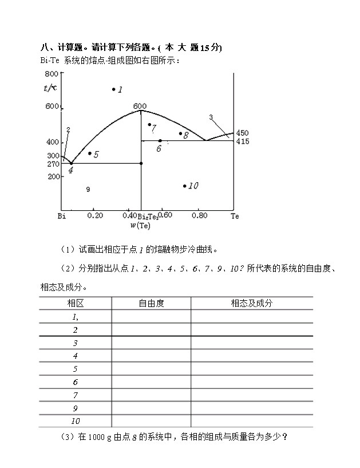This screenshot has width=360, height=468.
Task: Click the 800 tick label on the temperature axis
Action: tap(51, 74)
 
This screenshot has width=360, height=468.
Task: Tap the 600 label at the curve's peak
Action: tap(140, 106)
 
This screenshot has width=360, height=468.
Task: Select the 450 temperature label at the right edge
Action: tap(242, 133)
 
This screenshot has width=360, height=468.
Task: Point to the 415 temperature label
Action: tap(242, 141)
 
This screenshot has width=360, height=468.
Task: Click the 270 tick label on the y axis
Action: tap(53, 164)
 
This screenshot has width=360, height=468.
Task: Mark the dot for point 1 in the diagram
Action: tap(113, 89)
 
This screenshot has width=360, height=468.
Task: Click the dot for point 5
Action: tap(90, 154)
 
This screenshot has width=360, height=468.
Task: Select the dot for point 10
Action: tap(184, 186)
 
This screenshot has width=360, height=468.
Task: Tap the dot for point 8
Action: tap(180, 134)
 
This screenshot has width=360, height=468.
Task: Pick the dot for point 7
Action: tap(149, 124)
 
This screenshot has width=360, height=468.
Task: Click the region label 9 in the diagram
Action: tap(88, 190)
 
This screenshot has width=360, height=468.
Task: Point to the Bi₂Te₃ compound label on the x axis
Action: tap(148, 216)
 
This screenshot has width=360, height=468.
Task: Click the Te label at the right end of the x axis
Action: tap(235, 216)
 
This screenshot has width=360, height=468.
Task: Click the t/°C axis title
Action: tap(50, 87)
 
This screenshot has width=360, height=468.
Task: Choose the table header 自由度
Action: tap(151, 304)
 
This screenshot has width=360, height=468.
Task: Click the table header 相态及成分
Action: tap(251, 304)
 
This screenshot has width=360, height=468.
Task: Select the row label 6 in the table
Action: tap(75, 382)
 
